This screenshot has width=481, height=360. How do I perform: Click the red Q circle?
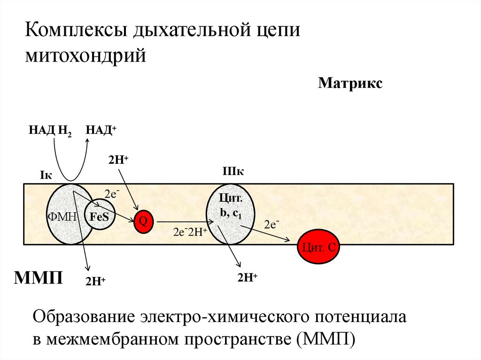[145, 221]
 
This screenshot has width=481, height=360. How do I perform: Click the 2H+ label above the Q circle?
[118, 160]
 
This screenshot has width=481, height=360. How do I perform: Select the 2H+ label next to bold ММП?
[95, 281]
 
